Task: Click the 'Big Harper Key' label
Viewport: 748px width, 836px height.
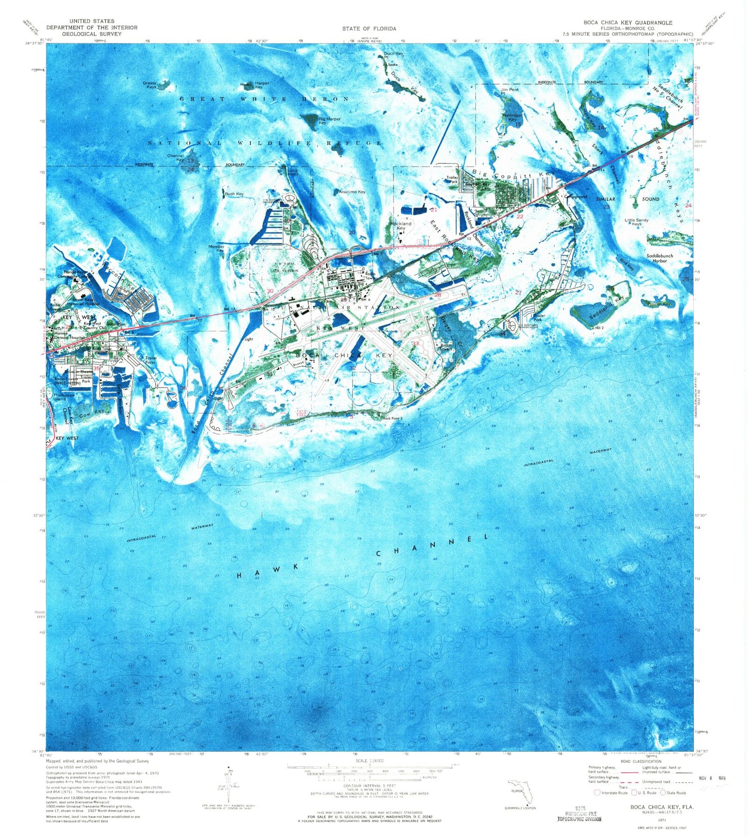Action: (329, 121)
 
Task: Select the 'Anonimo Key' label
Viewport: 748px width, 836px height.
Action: (352, 192)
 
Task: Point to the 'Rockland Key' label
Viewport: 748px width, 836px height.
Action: (401, 225)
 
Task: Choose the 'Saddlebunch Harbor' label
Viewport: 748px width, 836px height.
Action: (659, 258)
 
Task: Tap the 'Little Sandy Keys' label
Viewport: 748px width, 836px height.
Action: (636, 222)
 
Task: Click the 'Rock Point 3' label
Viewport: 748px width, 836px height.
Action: (392, 418)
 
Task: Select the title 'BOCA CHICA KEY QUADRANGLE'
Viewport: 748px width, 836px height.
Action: (628, 22)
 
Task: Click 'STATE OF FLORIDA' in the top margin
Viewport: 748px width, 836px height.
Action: (369, 28)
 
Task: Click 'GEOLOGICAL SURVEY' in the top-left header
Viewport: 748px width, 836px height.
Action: (92, 34)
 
